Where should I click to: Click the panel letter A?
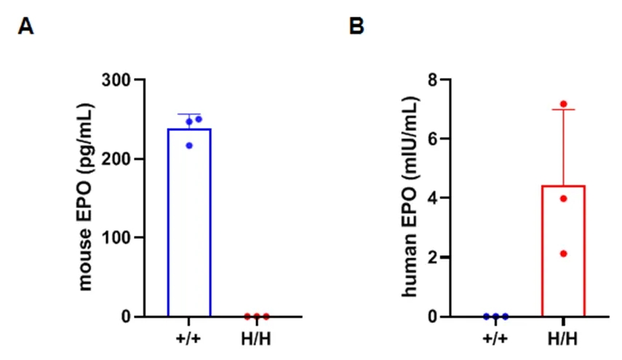26,28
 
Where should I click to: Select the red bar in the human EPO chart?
563,251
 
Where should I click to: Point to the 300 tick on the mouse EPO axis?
121,80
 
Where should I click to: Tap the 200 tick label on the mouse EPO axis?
121,159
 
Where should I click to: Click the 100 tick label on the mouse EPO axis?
121,238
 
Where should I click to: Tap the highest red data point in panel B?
563,104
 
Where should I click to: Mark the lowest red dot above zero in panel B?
563,253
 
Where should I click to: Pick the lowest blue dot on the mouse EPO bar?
189,145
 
